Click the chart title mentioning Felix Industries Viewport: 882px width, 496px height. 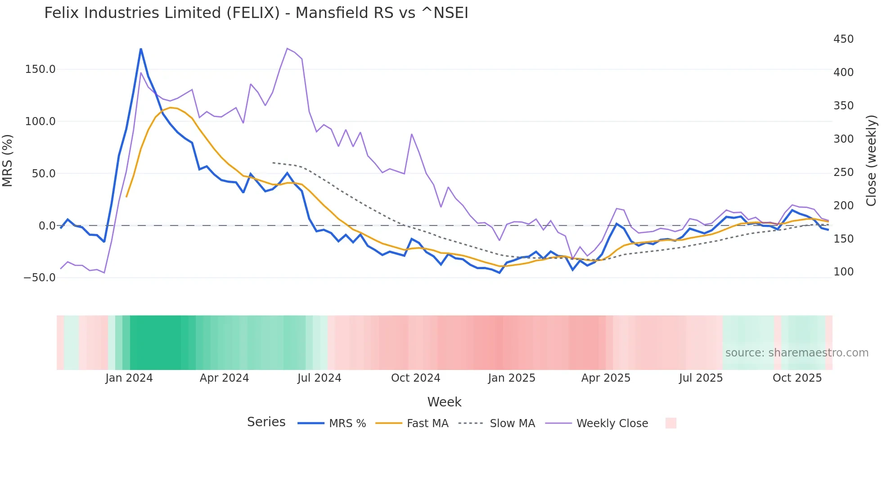point(256,13)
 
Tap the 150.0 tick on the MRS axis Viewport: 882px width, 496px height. point(40,69)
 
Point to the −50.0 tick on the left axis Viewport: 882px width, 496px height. point(40,278)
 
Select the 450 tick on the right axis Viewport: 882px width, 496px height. point(843,39)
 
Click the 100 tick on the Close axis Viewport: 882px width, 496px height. point(843,272)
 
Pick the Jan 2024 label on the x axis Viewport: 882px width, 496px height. point(129,378)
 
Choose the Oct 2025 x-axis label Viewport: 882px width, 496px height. point(797,378)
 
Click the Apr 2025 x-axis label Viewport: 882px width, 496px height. point(606,378)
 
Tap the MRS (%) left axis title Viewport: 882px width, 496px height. point(8,160)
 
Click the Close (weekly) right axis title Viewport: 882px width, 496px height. point(872,160)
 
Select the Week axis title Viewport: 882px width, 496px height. point(444,402)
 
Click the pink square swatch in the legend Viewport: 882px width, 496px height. point(670,423)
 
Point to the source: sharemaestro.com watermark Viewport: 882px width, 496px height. point(796,353)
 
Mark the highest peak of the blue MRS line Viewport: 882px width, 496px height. point(141,49)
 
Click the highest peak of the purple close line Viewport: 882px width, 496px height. point(287,48)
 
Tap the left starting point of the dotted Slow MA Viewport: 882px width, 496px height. point(273,162)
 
